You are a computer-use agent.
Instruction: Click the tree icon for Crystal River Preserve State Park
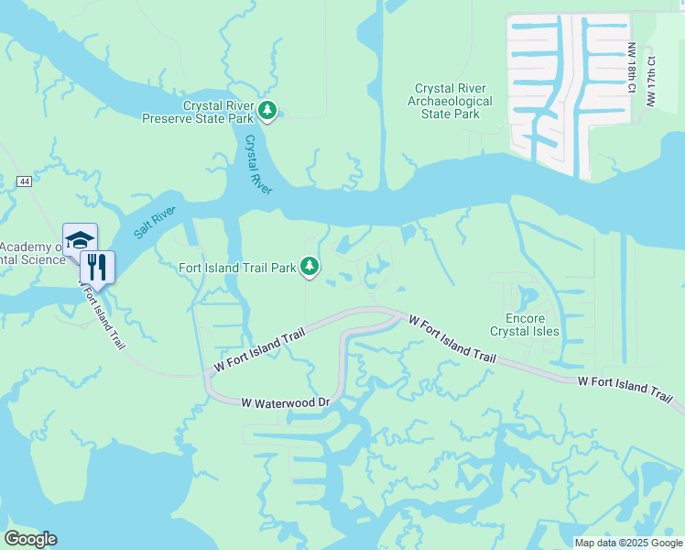tap(266, 111)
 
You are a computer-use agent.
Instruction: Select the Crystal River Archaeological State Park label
tap(450, 101)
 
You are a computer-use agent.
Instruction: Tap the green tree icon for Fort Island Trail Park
tap(310, 267)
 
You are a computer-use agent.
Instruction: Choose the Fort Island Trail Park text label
tap(238, 268)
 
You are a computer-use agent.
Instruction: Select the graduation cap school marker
tap(80, 240)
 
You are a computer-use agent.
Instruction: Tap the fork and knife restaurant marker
tap(97, 268)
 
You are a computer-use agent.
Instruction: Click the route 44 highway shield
tap(24, 182)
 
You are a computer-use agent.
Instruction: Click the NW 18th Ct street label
tap(631, 71)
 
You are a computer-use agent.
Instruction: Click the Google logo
tap(30, 538)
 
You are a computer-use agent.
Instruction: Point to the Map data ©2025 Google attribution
tap(627, 542)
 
